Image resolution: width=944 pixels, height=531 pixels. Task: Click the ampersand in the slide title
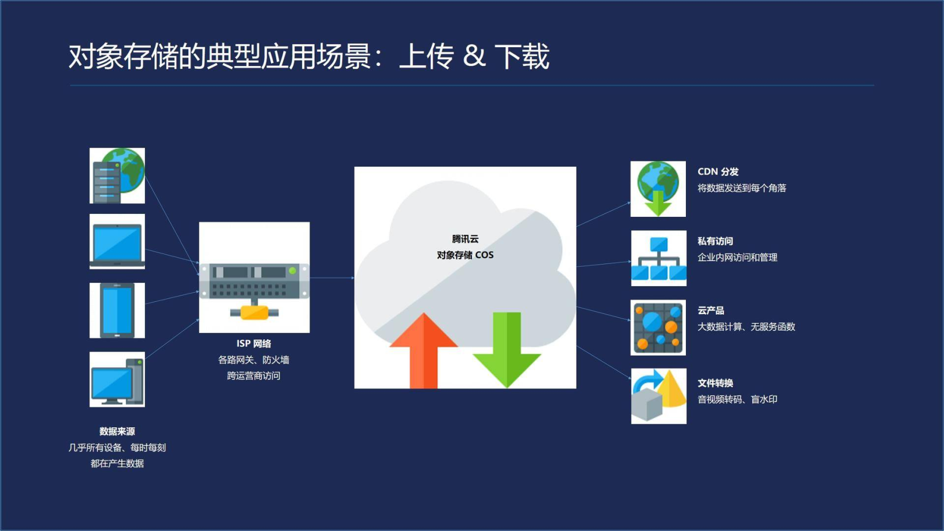(x=474, y=56)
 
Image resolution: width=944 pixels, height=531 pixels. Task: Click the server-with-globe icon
(x=117, y=175)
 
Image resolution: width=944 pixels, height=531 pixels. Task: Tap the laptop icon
(x=117, y=241)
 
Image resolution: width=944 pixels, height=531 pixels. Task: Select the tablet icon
(x=117, y=310)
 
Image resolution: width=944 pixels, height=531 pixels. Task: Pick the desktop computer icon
(x=117, y=379)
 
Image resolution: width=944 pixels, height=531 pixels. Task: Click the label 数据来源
(x=117, y=431)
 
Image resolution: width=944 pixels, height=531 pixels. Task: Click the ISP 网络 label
(x=253, y=343)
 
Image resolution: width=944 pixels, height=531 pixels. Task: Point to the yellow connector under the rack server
(x=254, y=312)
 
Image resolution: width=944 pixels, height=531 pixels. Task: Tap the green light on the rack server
(x=293, y=270)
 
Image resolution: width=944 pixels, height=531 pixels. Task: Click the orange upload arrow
(x=424, y=351)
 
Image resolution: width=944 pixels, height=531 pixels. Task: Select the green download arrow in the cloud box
(x=507, y=350)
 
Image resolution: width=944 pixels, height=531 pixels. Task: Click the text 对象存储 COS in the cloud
(x=465, y=255)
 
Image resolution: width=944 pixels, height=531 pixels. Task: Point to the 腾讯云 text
(x=465, y=239)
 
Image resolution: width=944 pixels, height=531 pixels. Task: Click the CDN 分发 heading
(x=718, y=171)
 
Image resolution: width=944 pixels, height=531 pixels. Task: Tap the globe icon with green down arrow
(x=658, y=189)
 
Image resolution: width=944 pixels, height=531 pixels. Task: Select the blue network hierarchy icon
(x=658, y=258)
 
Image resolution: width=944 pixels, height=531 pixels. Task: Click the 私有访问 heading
(x=715, y=241)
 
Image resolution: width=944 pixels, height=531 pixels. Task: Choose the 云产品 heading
(x=711, y=311)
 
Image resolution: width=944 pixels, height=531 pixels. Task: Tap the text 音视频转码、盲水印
(x=738, y=399)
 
